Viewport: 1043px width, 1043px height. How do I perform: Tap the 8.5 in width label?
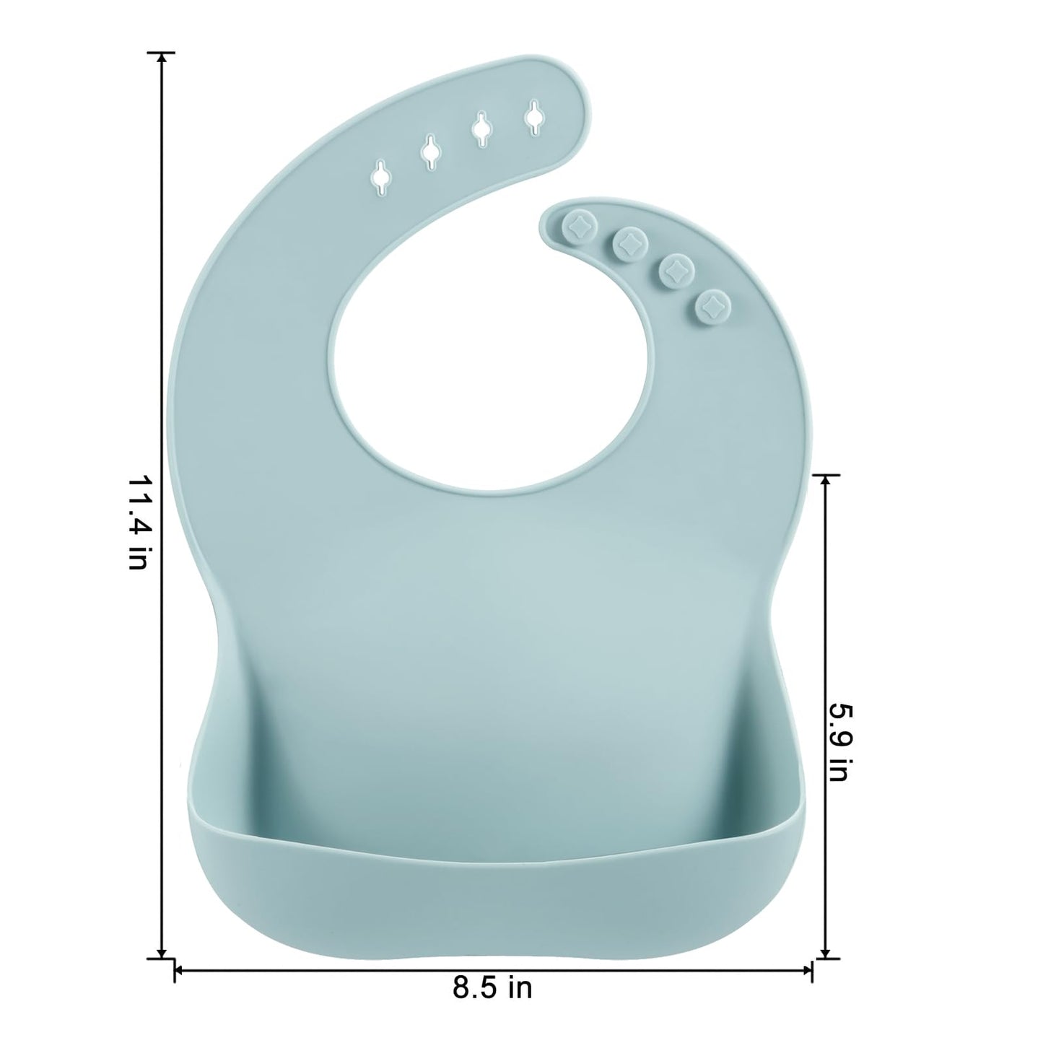[493, 987]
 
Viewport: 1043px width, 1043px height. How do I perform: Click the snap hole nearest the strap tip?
[534, 114]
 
